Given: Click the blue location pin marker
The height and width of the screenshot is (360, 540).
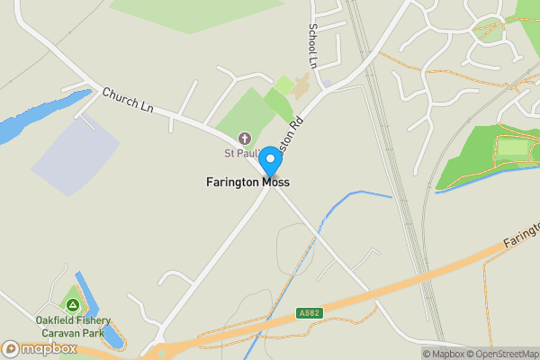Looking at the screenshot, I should pos(269,162).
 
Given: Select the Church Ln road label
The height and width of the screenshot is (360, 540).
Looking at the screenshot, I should pos(127,100).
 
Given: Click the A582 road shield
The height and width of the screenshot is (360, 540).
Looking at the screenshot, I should pos(308,313).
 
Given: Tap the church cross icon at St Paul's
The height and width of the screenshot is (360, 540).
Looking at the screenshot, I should pos(245,138).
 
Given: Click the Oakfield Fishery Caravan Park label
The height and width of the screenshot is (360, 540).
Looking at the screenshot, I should pos(74,326).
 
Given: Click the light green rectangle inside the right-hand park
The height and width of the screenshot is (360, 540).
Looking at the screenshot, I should pos(514,147).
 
